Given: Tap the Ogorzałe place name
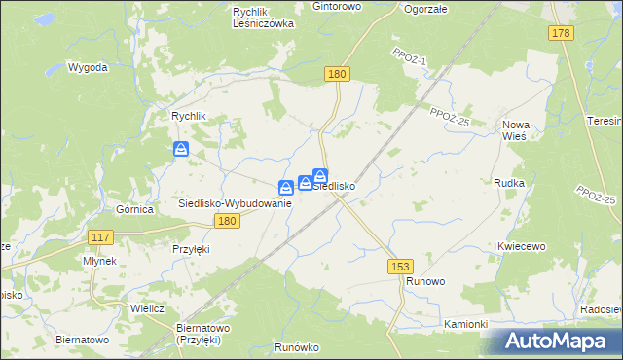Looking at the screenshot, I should pos(425,9).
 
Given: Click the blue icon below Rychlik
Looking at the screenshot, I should pos(181,149).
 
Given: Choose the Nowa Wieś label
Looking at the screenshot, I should pos(514,130).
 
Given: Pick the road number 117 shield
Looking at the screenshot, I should pos(100,237).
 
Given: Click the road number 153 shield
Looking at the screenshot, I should pos(398,265).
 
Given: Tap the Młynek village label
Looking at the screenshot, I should pos(100,261).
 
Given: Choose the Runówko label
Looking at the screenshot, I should pos(297,347).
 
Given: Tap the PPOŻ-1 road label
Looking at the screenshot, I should pos(411,60).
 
